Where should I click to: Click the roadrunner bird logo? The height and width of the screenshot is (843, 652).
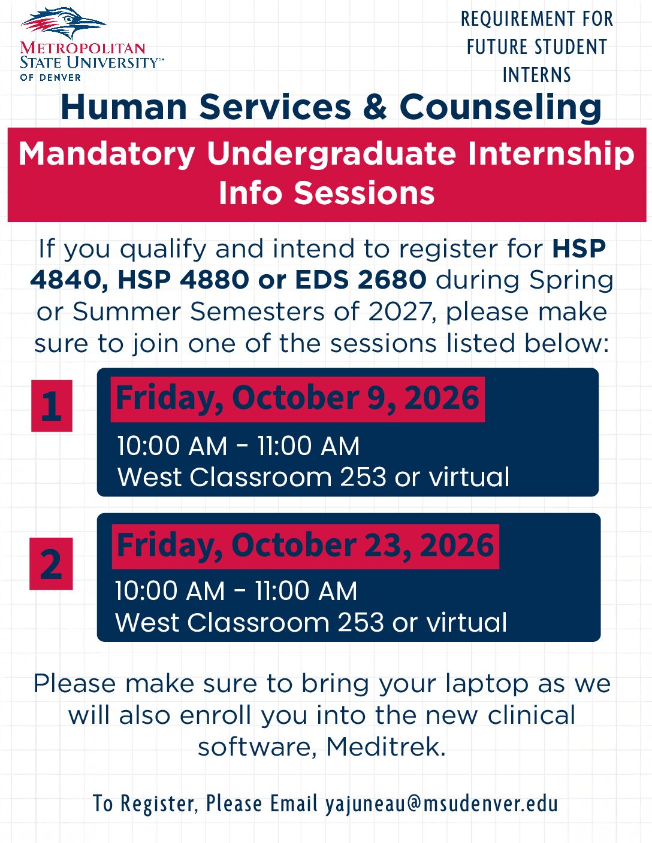pos(64,23)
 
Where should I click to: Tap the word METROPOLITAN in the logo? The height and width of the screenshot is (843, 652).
pos(83,48)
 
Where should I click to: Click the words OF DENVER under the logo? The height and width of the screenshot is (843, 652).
pos(50,77)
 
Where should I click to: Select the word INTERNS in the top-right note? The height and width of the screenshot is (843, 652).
pos(537,75)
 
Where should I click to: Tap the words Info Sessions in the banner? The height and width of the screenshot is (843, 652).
pos(327,193)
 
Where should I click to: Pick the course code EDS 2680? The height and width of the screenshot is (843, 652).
pos(360,280)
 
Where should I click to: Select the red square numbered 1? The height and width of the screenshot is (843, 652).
pos(52,406)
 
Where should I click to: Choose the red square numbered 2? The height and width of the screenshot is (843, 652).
pos(51,563)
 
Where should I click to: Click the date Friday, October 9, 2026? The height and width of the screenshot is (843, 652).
pos(297,398)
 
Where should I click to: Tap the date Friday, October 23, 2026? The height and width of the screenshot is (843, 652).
pos(305,545)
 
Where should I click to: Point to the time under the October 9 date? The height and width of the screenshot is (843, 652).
pos(239,445)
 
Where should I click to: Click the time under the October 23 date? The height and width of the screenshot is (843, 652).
pos(236,591)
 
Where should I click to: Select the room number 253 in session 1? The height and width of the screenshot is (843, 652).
pos(363,477)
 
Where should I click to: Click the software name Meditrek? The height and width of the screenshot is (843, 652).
pos(385,747)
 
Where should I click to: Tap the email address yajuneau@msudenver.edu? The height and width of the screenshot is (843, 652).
pos(442,803)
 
